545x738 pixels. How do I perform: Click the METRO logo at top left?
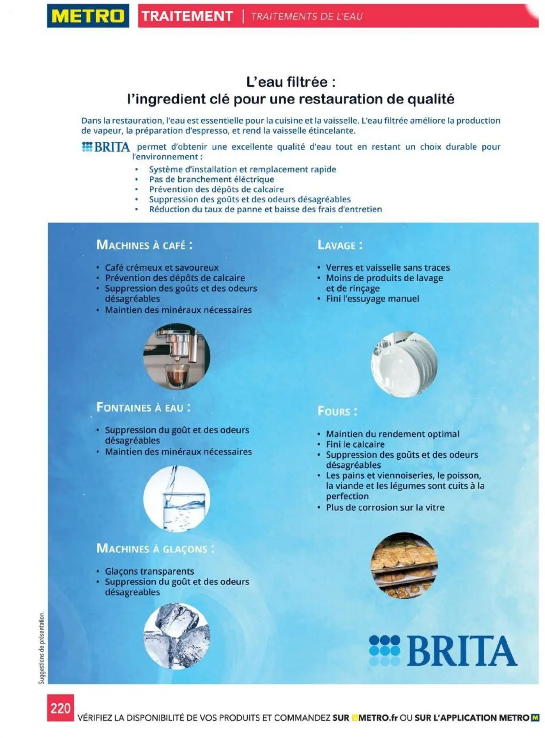click(x=88, y=16)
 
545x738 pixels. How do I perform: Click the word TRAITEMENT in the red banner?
click(x=187, y=16)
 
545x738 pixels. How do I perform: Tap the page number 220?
click(x=60, y=708)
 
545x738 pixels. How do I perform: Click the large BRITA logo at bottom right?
click(x=443, y=651)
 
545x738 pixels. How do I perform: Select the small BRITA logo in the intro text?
click(x=106, y=147)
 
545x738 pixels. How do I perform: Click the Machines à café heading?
click(x=144, y=245)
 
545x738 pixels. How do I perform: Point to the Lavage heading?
click(x=340, y=245)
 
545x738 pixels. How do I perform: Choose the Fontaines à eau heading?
click(x=143, y=408)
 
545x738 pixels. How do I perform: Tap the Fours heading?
click(x=337, y=412)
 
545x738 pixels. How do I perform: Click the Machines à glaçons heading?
click(x=155, y=549)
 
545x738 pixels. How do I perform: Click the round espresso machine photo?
click(x=177, y=356)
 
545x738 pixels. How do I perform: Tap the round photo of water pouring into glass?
click(x=177, y=498)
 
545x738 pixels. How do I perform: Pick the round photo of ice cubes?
click(x=177, y=636)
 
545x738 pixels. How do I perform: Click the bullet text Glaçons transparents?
click(x=149, y=571)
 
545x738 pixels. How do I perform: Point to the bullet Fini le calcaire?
click(x=355, y=444)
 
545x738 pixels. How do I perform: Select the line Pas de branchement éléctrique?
click(x=211, y=180)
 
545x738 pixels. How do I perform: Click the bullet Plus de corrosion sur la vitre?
click(x=385, y=507)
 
